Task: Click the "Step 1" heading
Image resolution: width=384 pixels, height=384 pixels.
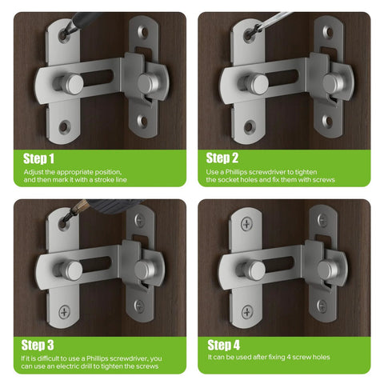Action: pos(39,158)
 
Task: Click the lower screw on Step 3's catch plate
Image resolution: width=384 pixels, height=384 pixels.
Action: pos(140,306)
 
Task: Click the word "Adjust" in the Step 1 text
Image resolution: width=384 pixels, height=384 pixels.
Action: pos(33,172)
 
